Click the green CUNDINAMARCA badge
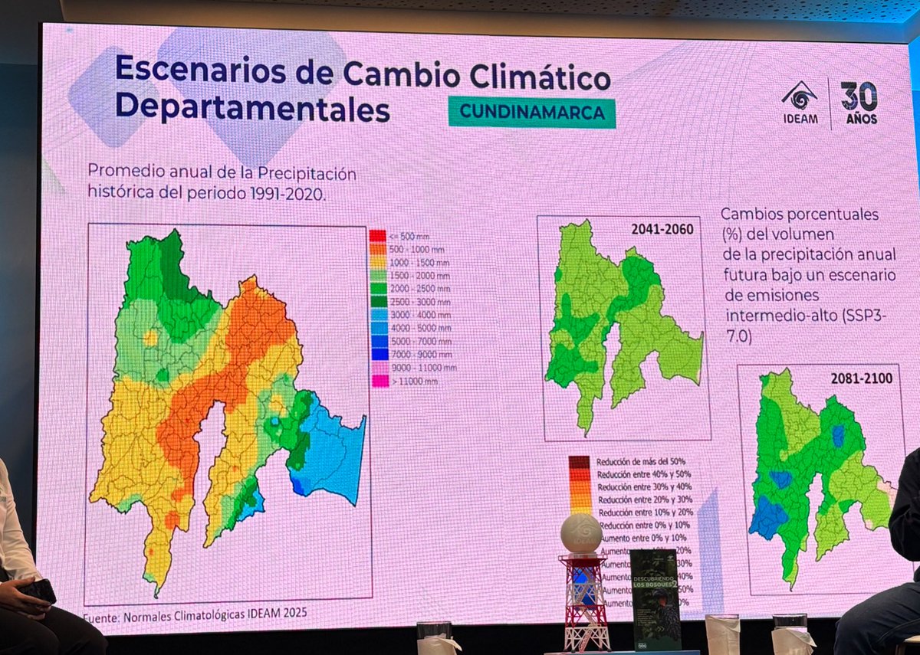[531, 112]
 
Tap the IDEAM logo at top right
[799, 103]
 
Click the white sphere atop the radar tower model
[580, 532]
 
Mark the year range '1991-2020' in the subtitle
[285, 194]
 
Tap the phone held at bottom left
[38, 591]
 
